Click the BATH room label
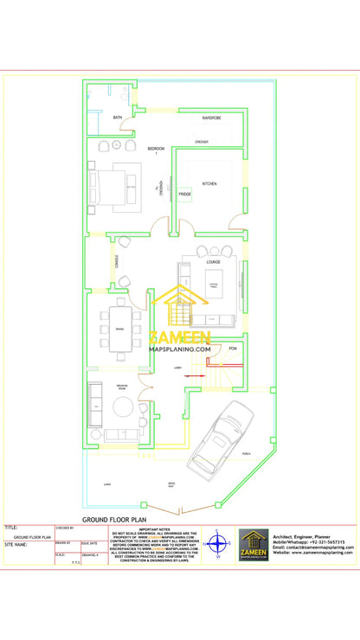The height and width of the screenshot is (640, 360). point(118,117)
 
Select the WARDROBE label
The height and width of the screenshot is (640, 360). point(212,117)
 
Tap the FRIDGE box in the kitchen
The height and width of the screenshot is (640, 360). point(185,195)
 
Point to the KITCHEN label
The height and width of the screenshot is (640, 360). point(209,183)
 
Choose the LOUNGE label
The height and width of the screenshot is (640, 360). point(214,261)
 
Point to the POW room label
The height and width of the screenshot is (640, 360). point(232,348)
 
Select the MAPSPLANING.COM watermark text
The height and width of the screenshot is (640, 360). point(180,350)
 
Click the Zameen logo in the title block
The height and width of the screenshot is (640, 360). point(254,545)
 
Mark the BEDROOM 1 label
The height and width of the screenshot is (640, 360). point(157,149)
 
